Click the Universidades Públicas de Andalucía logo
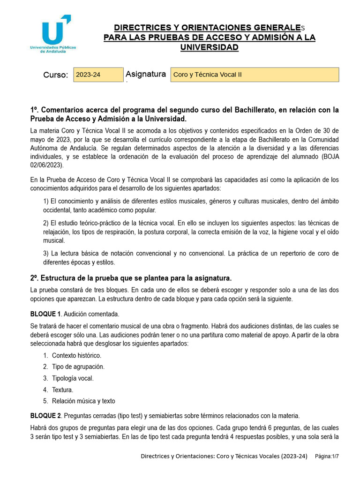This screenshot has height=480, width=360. [52, 34]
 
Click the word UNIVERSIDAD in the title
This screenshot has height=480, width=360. [210, 47]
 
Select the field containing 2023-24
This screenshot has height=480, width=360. [98, 75]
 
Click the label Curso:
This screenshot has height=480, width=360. [56, 75]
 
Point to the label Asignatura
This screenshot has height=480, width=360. [146, 74]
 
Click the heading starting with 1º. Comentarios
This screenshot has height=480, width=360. [184, 114]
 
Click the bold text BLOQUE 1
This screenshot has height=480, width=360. [45, 314]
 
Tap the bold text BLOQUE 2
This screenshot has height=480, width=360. [45, 416]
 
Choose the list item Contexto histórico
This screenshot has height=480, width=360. [76, 355]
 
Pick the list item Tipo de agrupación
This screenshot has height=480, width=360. [78, 367]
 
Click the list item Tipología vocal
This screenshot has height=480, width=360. [73, 378]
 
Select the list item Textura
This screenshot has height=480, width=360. [62, 390]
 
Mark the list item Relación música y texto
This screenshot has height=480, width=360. [83, 401]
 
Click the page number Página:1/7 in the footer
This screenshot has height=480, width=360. [327, 456]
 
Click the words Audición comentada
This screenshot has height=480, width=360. [91, 314]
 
